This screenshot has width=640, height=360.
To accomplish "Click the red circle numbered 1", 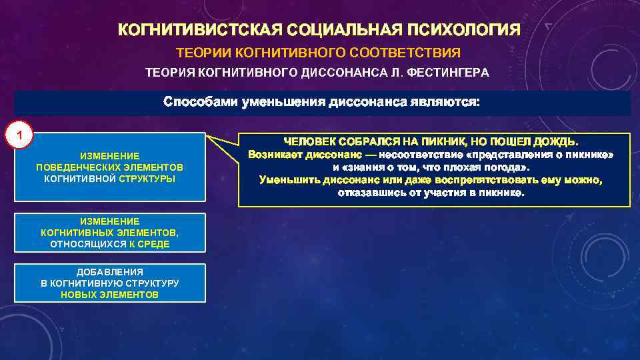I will click(20, 136).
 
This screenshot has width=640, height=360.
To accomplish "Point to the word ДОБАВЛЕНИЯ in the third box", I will click(109, 272).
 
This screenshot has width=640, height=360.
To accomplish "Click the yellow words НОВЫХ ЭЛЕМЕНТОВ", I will click(109, 295).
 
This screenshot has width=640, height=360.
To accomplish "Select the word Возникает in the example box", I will click(275, 155).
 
